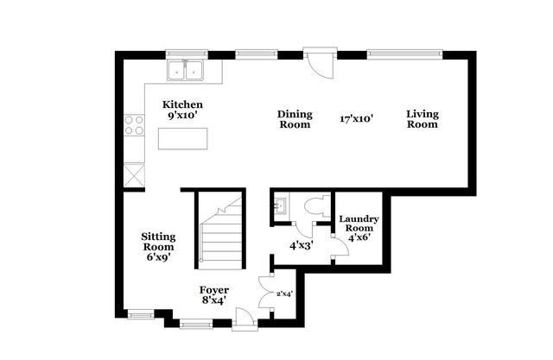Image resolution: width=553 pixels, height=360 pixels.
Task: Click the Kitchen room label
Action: pos(182,105)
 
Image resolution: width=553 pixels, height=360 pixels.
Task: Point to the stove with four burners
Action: pos(135,126)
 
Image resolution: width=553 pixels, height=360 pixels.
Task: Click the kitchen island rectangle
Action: pos(183,138)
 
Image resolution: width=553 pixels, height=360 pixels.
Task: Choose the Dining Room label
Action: pos(294,119)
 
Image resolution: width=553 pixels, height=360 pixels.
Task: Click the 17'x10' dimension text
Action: pos(356,119)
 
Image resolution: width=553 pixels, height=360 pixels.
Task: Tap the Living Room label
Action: pos(423,119)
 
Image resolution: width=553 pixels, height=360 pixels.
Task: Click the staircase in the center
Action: pos(220,231)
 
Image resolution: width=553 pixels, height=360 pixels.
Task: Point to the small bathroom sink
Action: pos(281,208)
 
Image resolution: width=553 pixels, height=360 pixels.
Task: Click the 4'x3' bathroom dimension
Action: pos(302,245)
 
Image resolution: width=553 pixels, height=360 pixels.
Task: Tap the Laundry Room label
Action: pos(358,224)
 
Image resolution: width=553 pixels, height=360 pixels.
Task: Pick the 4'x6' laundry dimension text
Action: pos(358,237)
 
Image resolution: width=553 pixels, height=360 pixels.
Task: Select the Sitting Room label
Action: pos(159,242)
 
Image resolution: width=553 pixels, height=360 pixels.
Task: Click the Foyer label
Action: pos(213,290)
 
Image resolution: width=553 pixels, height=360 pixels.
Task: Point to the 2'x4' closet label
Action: pos(283,294)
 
